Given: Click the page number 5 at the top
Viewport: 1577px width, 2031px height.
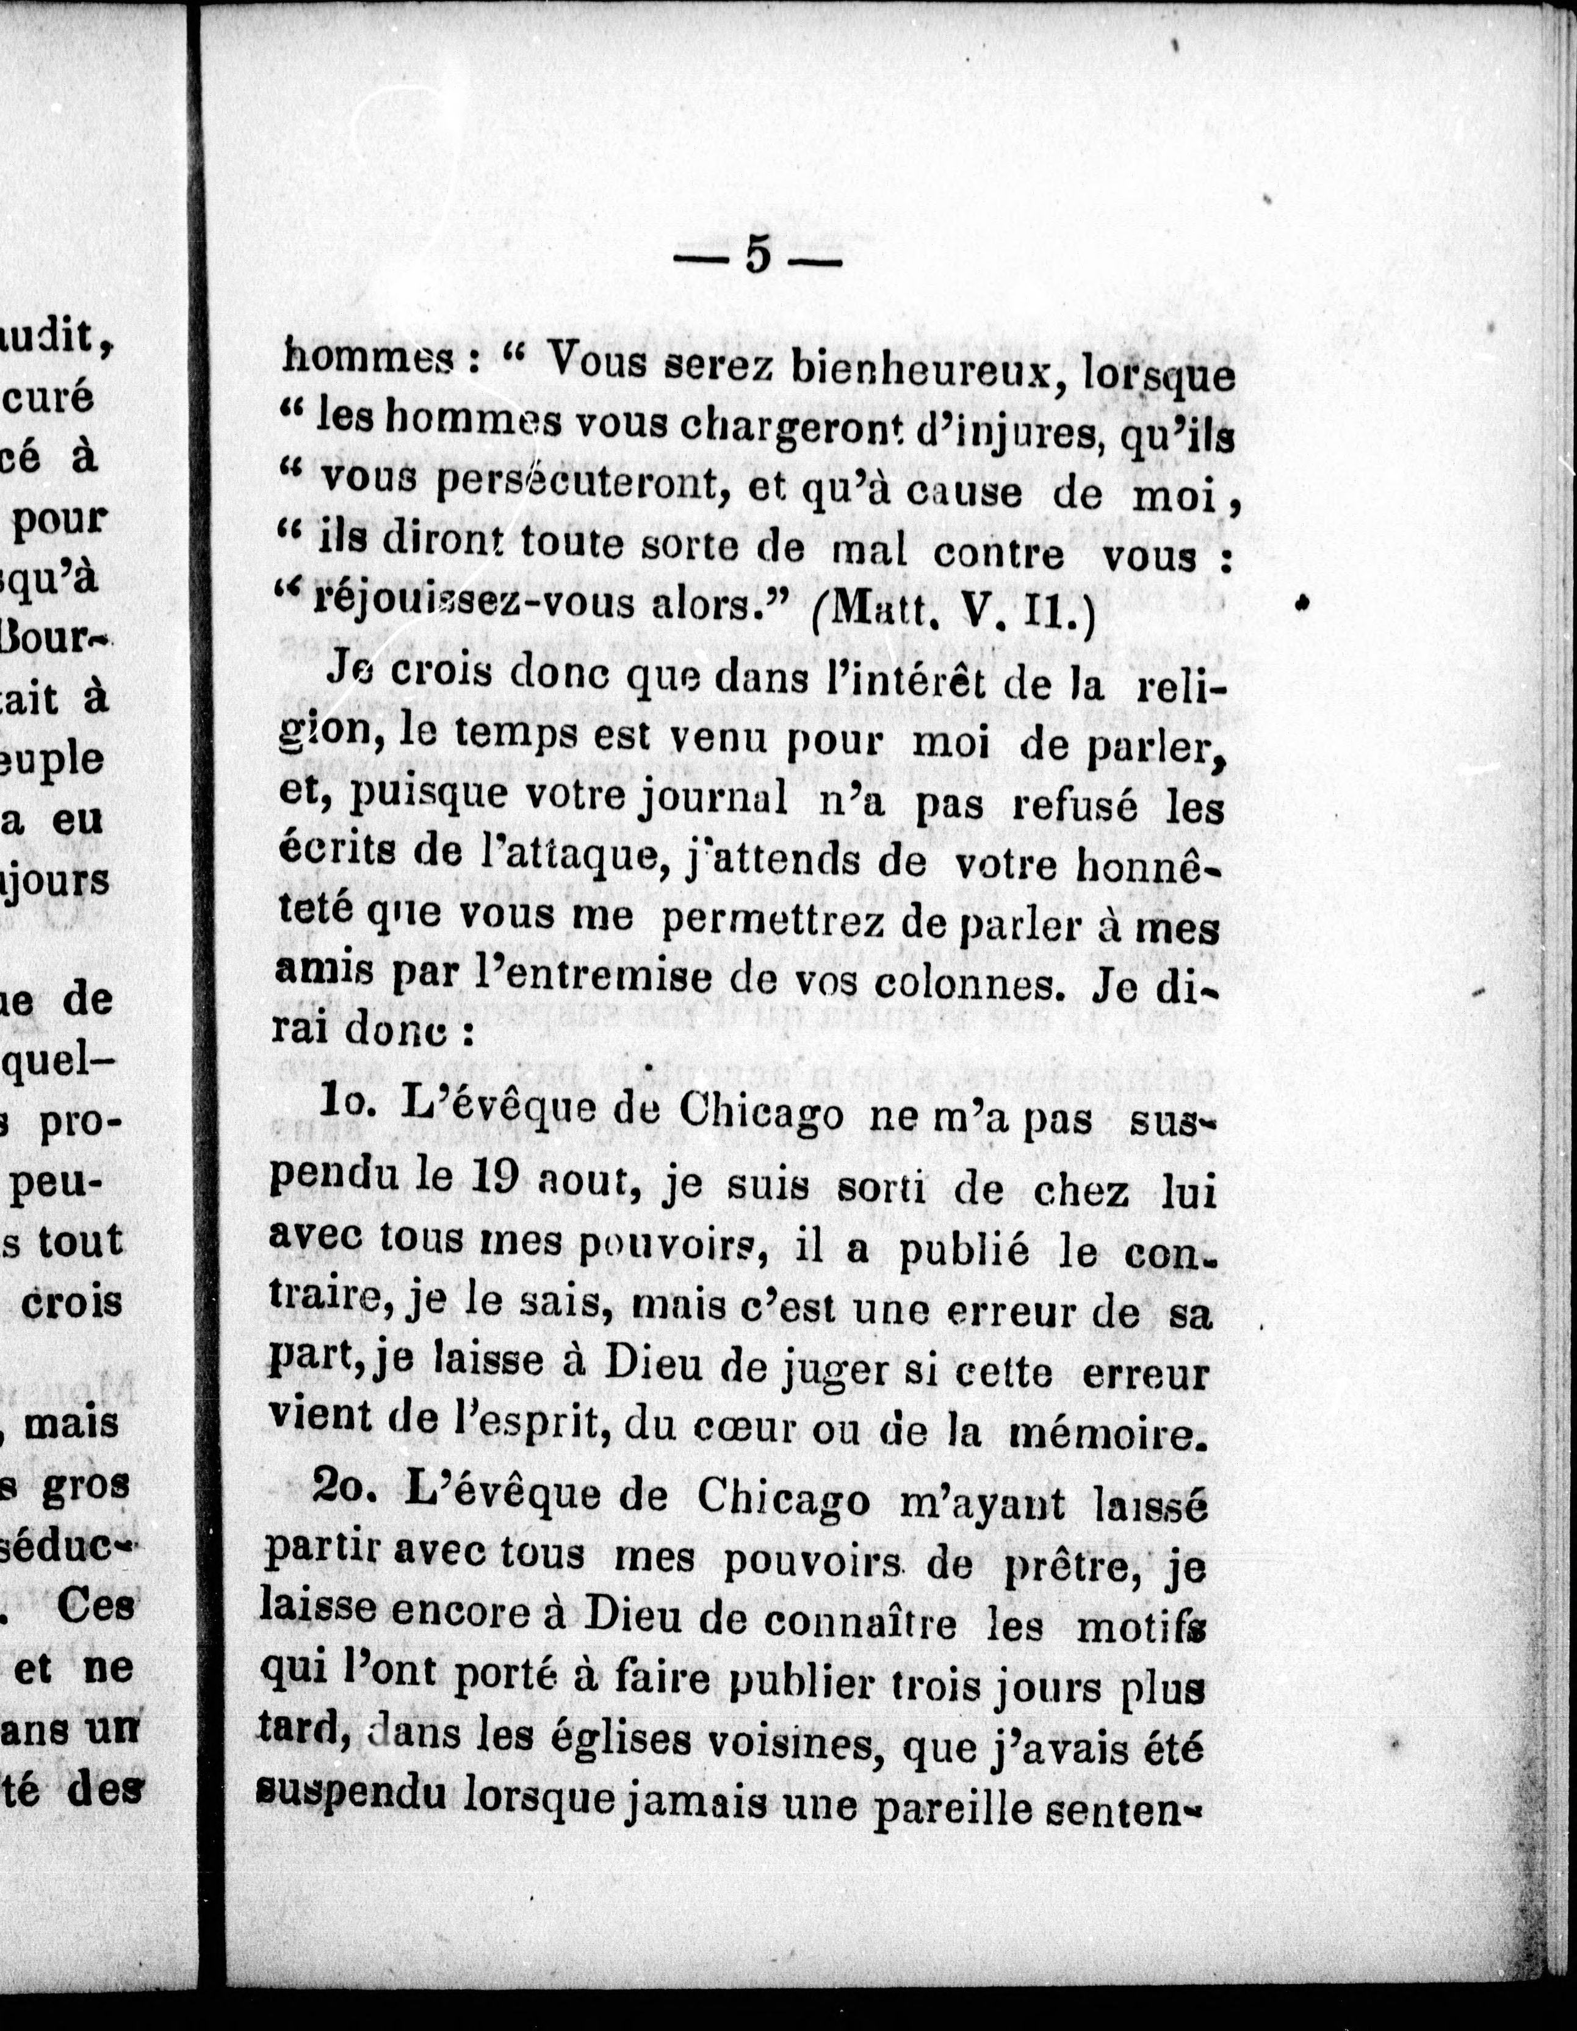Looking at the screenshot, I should coord(758,256).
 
